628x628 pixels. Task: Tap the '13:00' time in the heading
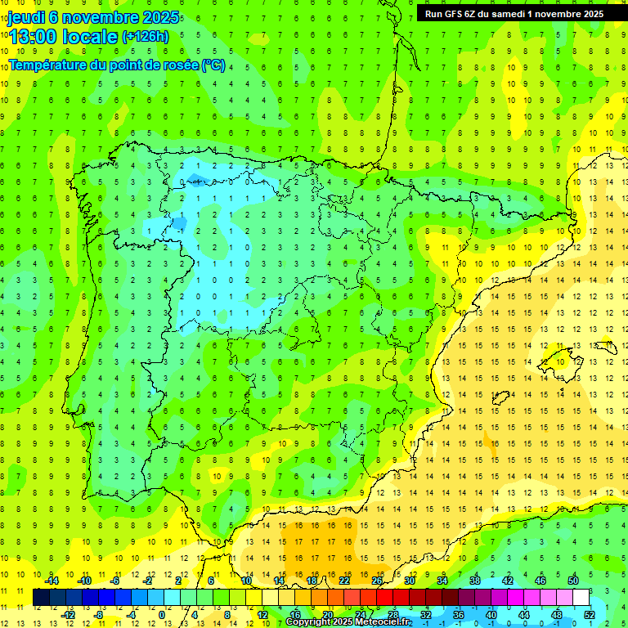point(33,36)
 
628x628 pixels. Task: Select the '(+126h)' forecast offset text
point(145,36)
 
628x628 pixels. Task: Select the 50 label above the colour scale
point(573,581)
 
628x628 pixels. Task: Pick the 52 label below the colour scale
point(590,615)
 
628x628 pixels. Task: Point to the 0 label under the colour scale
point(162,615)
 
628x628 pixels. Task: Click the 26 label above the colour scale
point(377,581)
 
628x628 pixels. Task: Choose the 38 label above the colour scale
point(475,581)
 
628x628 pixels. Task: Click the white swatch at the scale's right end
point(581,598)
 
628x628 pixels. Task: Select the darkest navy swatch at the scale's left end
point(41,598)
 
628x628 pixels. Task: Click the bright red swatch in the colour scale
point(384,598)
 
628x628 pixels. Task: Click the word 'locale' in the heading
point(89,36)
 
